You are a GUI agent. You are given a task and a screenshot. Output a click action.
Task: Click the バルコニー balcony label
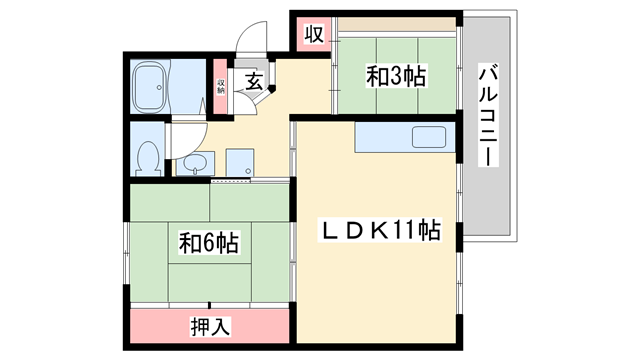click(x=489, y=118)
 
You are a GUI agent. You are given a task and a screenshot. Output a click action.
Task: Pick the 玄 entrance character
click(x=254, y=82)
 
